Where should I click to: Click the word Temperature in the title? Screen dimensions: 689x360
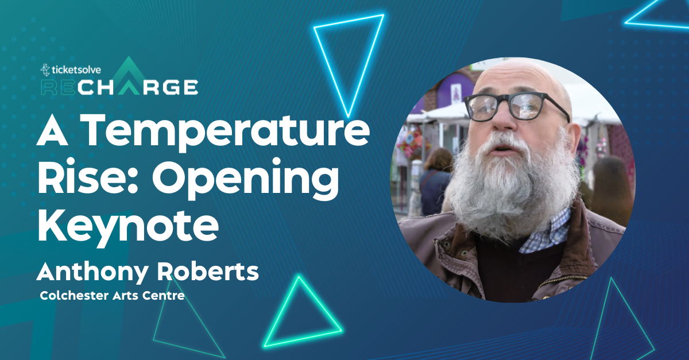227,131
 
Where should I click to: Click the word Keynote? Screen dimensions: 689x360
128,227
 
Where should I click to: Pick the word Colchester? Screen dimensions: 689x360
74,296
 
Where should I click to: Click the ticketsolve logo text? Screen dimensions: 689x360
71,70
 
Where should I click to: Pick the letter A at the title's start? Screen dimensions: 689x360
52,131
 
